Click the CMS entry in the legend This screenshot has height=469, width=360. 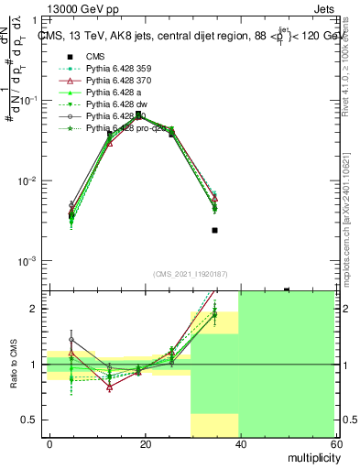[x=95, y=56]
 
